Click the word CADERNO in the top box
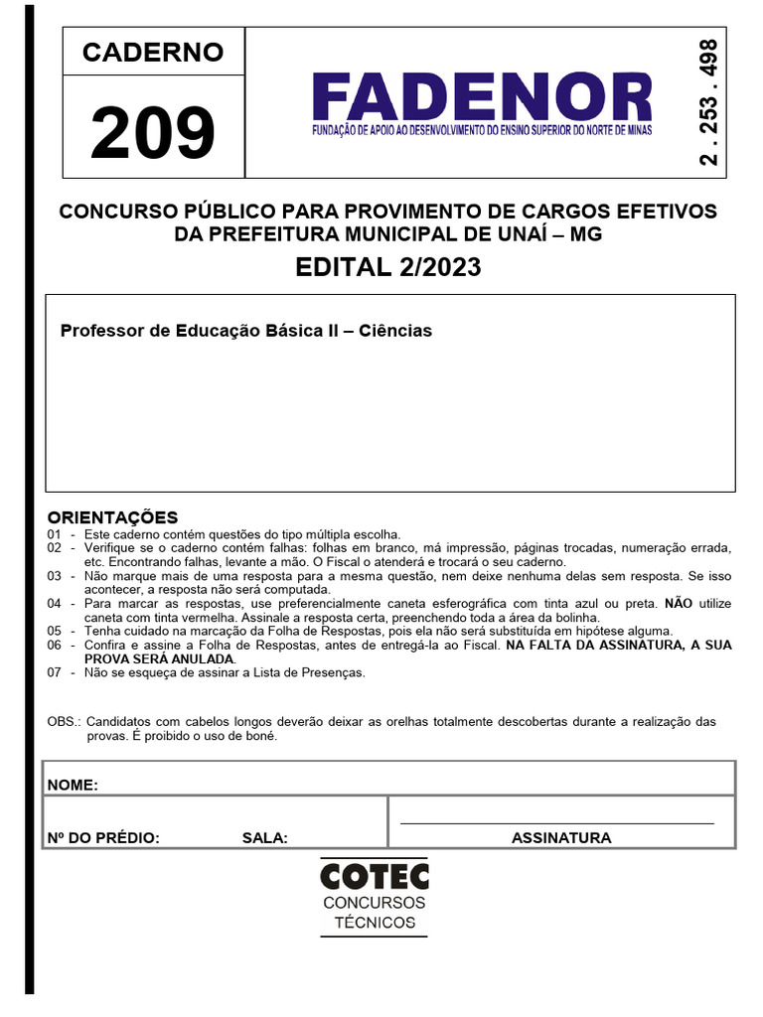click(152, 53)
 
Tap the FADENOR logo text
click(482, 97)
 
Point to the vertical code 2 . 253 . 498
click(709, 103)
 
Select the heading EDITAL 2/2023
click(388, 267)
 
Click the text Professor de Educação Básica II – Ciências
click(246, 331)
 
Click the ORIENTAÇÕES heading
click(112, 516)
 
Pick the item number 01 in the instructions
click(54, 534)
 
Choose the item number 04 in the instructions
click(54, 604)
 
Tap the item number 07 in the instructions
click(54, 672)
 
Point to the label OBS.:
click(66, 722)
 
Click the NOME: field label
click(73, 785)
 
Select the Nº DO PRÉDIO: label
click(103, 837)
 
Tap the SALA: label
click(264, 837)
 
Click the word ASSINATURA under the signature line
click(561, 837)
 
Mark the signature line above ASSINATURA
click(556, 822)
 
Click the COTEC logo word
click(374, 876)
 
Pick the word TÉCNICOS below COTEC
click(375, 923)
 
